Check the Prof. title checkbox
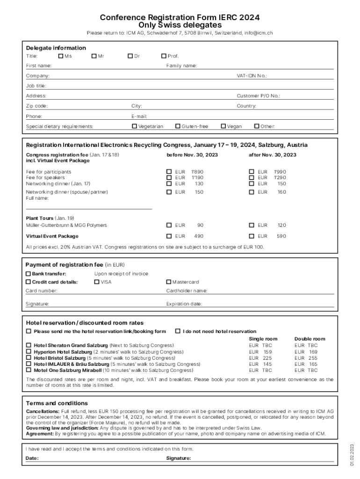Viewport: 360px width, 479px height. point(164,56)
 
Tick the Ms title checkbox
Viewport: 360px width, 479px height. point(60,56)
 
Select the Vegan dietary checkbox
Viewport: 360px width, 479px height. point(223,126)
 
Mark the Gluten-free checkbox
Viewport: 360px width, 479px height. point(178,126)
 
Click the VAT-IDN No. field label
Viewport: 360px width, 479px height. point(252,76)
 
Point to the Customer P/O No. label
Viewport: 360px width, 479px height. point(258,96)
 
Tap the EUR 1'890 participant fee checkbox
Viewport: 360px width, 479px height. point(169,172)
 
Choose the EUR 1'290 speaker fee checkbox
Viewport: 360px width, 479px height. point(252,178)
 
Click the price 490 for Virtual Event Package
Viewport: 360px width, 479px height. point(199,236)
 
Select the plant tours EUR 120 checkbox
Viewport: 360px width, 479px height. point(252,225)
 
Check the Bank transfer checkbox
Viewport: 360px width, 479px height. point(28,274)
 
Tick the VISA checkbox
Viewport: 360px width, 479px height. point(97,282)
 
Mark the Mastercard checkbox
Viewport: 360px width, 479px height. point(169,282)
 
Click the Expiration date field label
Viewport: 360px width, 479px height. point(184,304)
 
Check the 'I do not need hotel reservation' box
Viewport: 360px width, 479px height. point(178,331)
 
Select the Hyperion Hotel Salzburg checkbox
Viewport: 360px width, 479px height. point(29,352)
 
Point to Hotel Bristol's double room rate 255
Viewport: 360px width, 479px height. point(313,358)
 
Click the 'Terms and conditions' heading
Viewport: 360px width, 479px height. point(57,403)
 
